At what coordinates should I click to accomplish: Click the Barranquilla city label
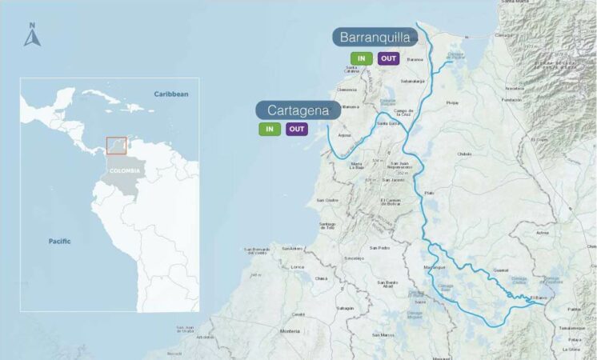pyautogui.click(x=375, y=38)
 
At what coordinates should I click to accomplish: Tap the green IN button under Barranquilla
pyautogui.click(x=362, y=58)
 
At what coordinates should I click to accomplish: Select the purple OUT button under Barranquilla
pyautogui.click(x=388, y=58)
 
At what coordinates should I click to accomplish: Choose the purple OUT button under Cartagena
pyautogui.click(x=297, y=130)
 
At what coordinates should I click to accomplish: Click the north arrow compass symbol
pyautogui.click(x=32, y=36)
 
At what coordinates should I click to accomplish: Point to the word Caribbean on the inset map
pyautogui.click(x=171, y=94)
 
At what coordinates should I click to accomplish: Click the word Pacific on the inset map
pyautogui.click(x=59, y=241)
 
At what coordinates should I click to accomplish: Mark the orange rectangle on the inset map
pyautogui.click(x=117, y=145)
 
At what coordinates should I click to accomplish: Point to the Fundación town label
pyautogui.click(x=511, y=100)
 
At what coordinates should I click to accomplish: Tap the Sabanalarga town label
pyautogui.click(x=412, y=81)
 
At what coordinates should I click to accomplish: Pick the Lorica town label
pyautogui.click(x=298, y=266)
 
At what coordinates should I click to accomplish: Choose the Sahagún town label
pyautogui.click(x=344, y=308)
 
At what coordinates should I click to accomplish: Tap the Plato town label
pyautogui.click(x=429, y=193)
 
